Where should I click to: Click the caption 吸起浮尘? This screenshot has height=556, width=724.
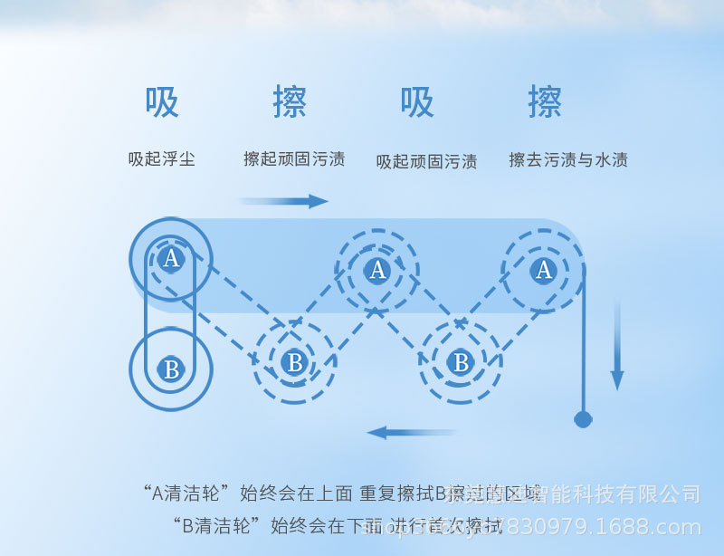click(162, 159)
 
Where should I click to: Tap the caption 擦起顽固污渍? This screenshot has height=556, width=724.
click(294, 159)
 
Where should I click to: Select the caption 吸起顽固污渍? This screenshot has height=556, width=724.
click(426, 162)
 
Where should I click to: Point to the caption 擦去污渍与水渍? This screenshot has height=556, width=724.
click(568, 160)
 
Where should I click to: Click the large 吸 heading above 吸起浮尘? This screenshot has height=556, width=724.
click(162, 103)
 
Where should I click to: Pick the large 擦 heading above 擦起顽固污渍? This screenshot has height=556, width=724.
click(290, 103)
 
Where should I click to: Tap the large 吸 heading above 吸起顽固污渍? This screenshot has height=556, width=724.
click(417, 103)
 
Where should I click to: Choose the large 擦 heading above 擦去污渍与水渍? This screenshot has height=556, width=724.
click(545, 103)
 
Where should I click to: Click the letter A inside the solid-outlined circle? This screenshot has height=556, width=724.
click(170, 260)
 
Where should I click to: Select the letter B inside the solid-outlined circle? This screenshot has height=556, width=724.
click(170, 369)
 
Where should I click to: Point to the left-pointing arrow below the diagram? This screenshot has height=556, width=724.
click(412, 433)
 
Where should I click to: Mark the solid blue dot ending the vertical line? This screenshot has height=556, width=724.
click(583, 419)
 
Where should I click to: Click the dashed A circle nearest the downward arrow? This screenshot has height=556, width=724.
click(543, 270)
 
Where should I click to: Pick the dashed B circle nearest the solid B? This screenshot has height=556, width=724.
click(294, 363)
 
